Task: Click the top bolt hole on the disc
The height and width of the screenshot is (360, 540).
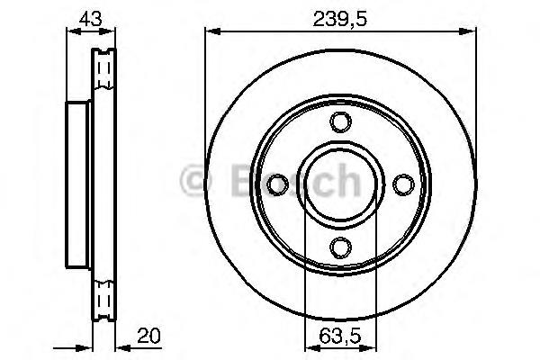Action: pyautogui.click(x=339, y=122)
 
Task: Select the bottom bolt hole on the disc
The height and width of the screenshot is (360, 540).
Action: pyautogui.click(x=339, y=246)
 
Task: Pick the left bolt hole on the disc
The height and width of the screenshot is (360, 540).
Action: pyautogui.click(x=278, y=184)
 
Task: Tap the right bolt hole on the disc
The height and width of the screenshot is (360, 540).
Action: pyautogui.click(x=401, y=184)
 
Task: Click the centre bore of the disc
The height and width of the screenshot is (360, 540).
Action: pyautogui.click(x=339, y=184)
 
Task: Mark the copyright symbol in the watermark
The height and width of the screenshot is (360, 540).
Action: pyautogui.click(x=194, y=182)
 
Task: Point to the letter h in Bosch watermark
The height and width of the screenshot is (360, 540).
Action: pyautogui.click(x=344, y=182)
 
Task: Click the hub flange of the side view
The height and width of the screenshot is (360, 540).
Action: pyautogui.click(x=78, y=183)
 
